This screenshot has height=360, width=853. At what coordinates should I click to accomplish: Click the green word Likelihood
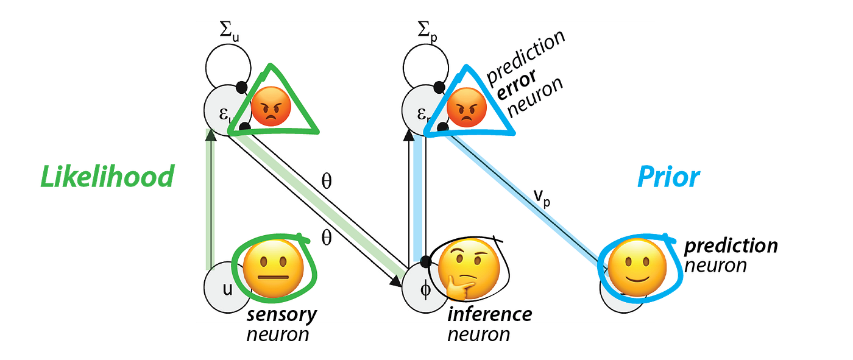106,177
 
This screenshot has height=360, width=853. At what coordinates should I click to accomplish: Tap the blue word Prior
668,178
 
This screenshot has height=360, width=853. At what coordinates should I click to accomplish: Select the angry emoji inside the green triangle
271,107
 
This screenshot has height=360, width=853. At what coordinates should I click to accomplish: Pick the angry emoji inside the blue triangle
467,108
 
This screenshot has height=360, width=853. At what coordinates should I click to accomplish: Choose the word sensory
281,314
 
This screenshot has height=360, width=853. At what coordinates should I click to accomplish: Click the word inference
489,314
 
